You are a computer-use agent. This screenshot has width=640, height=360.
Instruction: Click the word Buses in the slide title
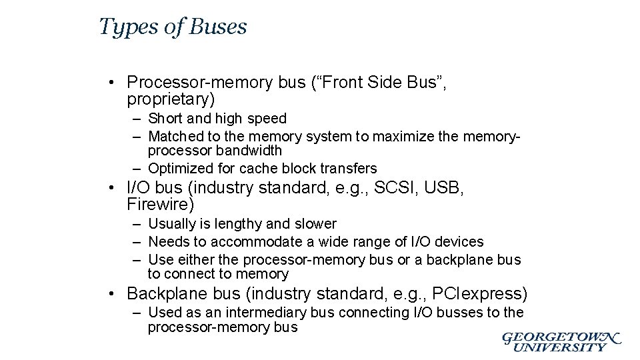point(218,27)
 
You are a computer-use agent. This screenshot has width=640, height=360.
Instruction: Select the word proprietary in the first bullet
point(167,100)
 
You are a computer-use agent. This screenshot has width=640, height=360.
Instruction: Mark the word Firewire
point(158,205)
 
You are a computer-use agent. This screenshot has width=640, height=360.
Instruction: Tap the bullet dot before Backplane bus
point(115,294)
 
